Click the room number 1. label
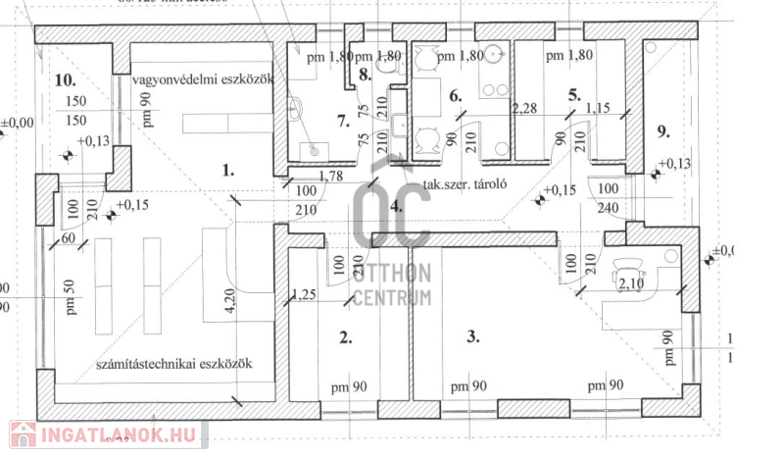(228, 170)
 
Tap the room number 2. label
(345, 337)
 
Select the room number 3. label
(473, 337)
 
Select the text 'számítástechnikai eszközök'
(174, 364)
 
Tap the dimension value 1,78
(329, 177)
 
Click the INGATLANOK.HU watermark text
(108, 434)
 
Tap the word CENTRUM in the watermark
(391, 297)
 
